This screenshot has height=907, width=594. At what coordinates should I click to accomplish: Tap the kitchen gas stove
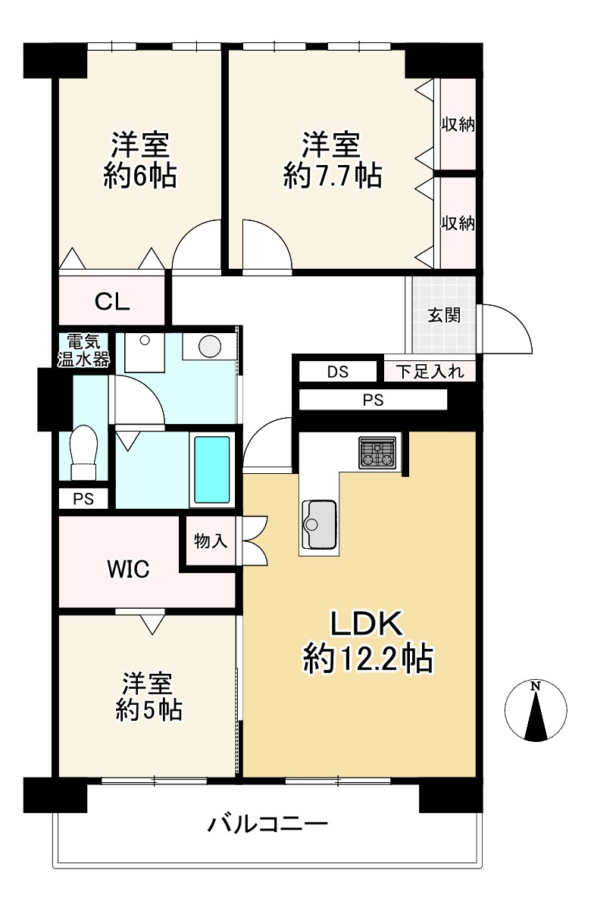tap(377, 452)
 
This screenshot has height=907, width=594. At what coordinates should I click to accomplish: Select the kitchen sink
tap(319, 525)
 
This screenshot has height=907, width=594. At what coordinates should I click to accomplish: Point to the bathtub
tap(212, 469)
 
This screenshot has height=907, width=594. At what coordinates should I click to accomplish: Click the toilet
tap(83, 452)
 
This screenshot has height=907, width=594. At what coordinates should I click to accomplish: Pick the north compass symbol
tap(536, 710)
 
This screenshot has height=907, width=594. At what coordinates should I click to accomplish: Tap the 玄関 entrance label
tap(444, 315)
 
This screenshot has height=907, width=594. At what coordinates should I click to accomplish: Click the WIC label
tap(128, 569)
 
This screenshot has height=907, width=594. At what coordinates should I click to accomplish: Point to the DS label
tap(337, 372)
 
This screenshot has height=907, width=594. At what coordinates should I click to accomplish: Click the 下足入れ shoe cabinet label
tap(430, 372)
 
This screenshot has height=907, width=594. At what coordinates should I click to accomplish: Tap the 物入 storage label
tap(210, 541)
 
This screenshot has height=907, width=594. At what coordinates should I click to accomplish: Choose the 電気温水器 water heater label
tap(83, 350)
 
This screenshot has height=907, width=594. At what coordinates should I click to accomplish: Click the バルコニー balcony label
tap(268, 823)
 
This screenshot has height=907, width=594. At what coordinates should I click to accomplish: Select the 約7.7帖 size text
tap(333, 175)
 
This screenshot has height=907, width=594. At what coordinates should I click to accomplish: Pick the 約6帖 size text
tap(140, 175)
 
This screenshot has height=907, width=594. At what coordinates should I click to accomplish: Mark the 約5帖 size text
tap(148, 709)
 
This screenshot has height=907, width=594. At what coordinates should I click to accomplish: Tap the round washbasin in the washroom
tap(210, 347)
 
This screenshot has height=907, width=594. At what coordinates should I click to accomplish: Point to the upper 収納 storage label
tap(458, 124)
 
